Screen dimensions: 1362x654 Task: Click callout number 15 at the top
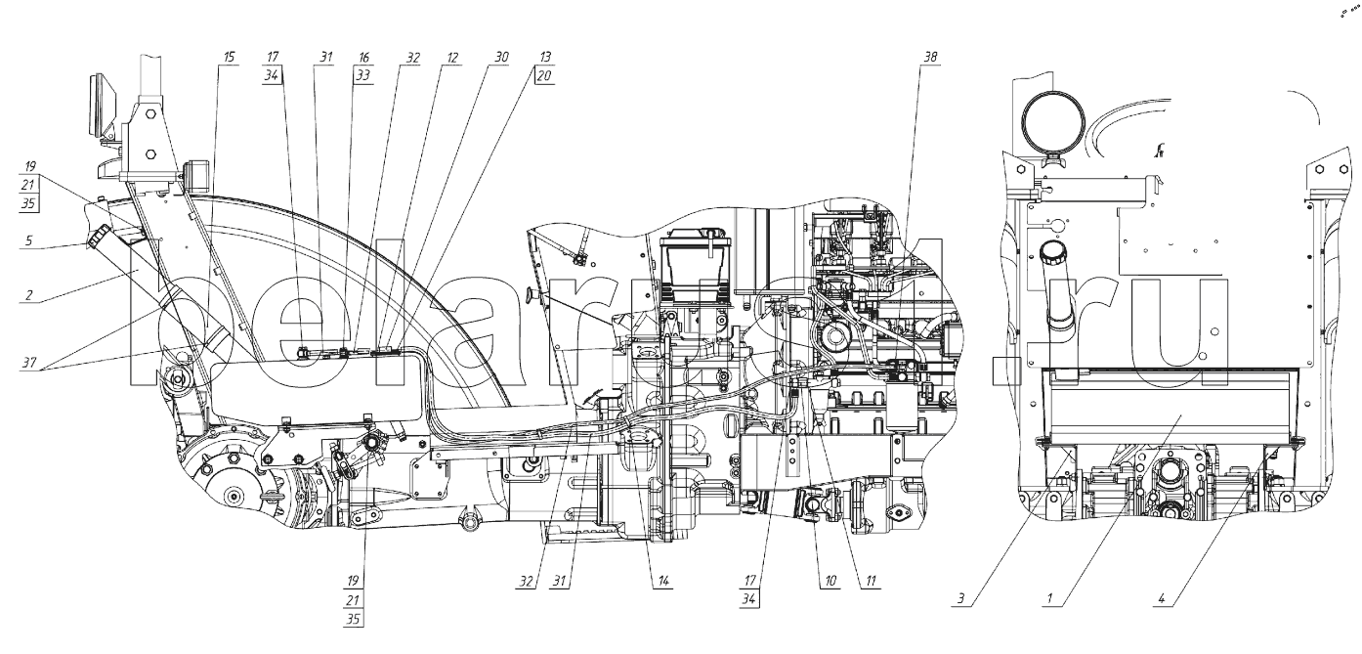(229, 57)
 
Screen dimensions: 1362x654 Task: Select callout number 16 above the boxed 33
(363, 58)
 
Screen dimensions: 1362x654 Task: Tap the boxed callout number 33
(363, 75)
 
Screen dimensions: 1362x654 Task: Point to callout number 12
(452, 58)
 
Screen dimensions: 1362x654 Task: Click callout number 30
(501, 57)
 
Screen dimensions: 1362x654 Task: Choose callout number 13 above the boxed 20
(545, 57)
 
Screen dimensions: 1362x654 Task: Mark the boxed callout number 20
(545, 75)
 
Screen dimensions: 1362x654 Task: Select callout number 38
(930, 57)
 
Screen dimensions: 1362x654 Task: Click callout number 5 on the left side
(28, 240)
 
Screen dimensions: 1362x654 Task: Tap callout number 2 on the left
(28, 295)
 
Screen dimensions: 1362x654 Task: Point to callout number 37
(28, 364)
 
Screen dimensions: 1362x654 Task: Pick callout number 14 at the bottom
(662, 581)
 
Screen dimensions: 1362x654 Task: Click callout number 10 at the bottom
(830, 581)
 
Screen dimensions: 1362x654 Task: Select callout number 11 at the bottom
(871, 581)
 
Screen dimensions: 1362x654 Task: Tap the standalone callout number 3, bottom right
(960, 598)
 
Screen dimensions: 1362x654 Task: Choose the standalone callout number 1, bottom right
(1049, 598)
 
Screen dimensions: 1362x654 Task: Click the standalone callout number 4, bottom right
(1162, 598)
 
